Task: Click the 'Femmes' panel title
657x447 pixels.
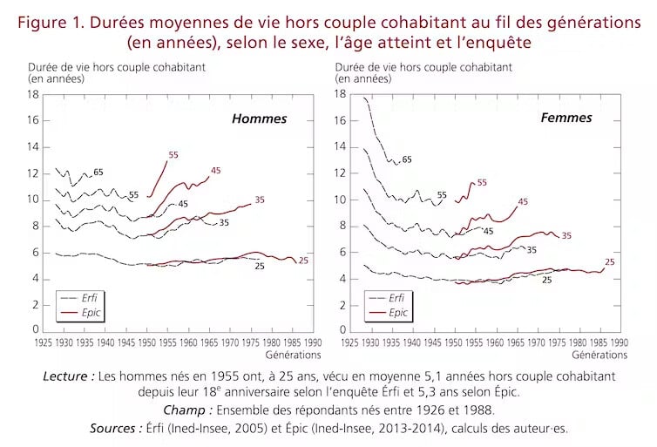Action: [x=566, y=118]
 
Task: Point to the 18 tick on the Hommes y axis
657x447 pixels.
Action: [x=35, y=94]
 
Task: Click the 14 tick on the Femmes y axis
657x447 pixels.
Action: [x=342, y=146]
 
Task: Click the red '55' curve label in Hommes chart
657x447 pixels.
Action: [x=173, y=155]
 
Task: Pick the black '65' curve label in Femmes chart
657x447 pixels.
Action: [x=407, y=159]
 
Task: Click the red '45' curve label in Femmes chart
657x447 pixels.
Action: [x=523, y=202]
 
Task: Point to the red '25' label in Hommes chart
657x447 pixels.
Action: [x=303, y=261]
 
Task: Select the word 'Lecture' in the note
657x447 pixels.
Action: [x=68, y=376]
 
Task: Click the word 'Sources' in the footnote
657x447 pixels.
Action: [x=117, y=428]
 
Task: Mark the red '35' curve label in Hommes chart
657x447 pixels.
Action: [x=259, y=200]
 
